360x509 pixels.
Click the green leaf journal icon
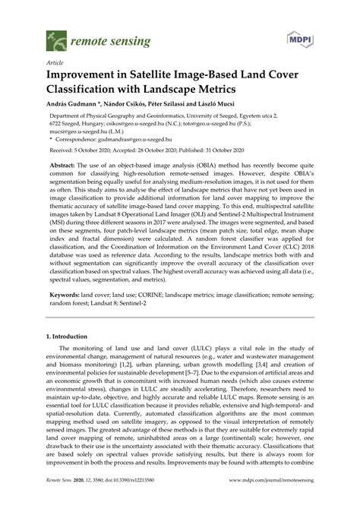tap(55, 37)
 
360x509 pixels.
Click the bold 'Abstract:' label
tap(68, 164)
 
